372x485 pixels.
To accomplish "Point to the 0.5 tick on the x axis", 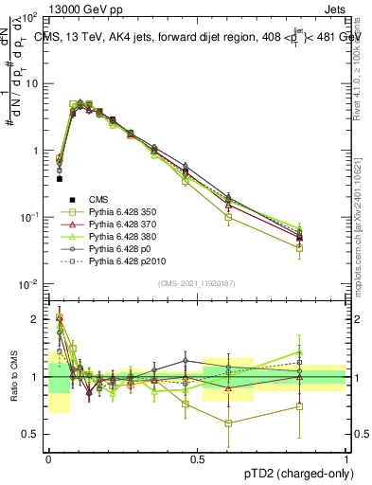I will point(198,458).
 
